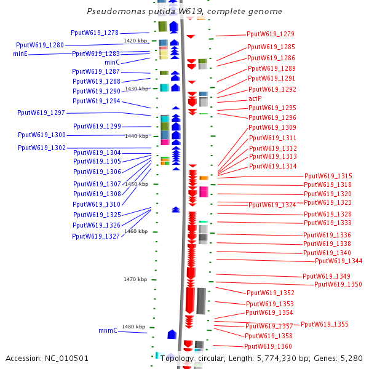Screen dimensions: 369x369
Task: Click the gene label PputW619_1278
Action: (x=95, y=33)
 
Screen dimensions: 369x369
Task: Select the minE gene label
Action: (x=20, y=54)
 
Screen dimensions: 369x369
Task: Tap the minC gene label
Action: (x=112, y=63)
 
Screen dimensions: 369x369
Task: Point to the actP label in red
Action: (x=255, y=98)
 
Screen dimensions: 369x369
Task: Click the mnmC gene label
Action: (x=108, y=331)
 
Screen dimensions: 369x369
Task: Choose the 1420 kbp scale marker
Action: (x=135, y=41)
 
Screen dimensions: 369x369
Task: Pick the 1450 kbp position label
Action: (x=136, y=184)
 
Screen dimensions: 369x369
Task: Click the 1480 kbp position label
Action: (x=133, y=327)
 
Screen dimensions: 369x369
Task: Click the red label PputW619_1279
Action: (x=271, y=34)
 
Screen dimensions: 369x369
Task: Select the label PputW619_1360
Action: (x=268, y=346)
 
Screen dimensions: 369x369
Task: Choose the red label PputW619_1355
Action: (x=325, y=324)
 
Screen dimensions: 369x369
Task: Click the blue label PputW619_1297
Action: (x=41, y=113)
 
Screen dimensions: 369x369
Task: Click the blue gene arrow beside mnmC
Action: (x=172, y=334)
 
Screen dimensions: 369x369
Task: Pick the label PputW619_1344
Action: (x=338, y=261)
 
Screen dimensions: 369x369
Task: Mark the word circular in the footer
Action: (x=214, y=358)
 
